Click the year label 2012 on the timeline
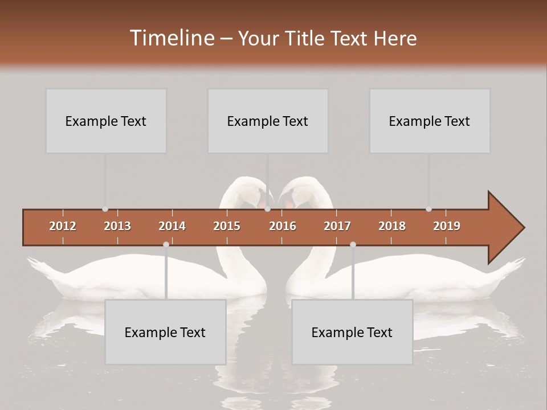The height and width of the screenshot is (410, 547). [63, 226]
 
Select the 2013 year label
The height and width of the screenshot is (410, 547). [117, 226]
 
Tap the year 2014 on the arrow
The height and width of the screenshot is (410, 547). [172, 226]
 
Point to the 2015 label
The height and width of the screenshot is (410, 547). [227, 226]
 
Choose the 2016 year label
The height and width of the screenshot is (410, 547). [283, 226]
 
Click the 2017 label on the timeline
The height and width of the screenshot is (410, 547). [337, 226]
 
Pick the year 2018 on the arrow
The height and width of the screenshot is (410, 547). [392, 226]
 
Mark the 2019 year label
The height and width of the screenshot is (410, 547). [447, 226]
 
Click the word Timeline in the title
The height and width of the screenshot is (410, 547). [170, 38]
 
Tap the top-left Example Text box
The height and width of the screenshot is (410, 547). [106, 121]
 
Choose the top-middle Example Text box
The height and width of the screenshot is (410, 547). [268, 121]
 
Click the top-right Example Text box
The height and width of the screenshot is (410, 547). [430, 121]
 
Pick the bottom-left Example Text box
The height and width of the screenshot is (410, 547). [165, 332]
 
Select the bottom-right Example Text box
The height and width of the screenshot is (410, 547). [352, 332]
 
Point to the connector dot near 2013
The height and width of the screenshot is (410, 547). [105, 209]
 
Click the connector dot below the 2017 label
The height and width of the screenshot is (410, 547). [353, 244]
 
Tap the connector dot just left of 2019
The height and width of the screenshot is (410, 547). [428, 209]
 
